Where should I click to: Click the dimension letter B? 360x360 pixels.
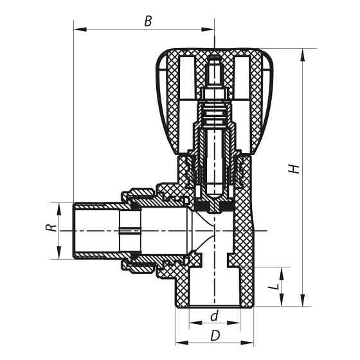(148, 21)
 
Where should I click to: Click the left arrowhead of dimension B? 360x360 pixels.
(78, 28)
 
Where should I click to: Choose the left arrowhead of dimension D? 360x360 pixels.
(179, 342)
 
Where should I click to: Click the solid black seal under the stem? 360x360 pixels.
(214, 206)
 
